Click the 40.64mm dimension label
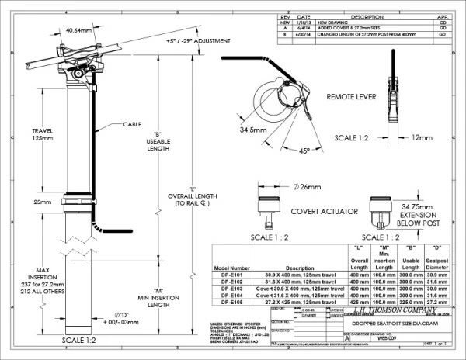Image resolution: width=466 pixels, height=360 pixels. [x=77, y=29]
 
